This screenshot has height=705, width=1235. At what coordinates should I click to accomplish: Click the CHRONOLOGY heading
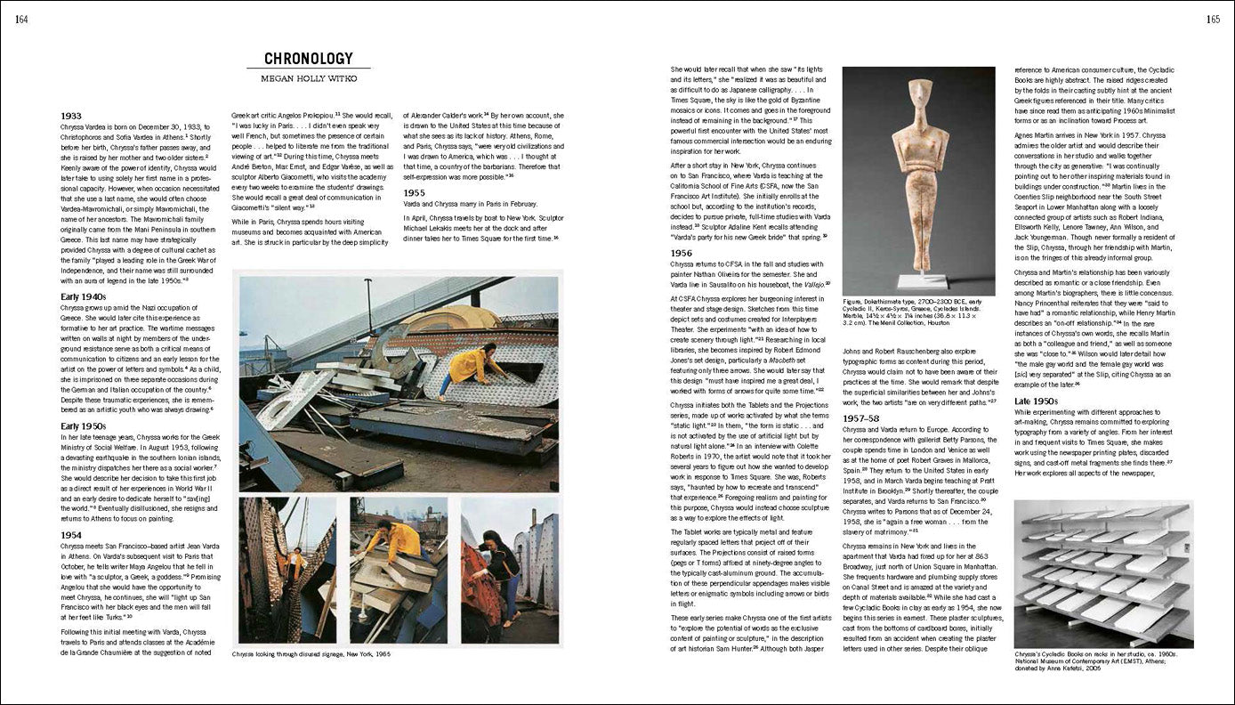pyautogui.click(x=309, y=60)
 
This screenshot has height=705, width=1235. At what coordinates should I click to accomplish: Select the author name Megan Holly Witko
pyautogui.click(x=309, y=81)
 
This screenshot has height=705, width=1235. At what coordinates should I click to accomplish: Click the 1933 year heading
pyautogui.click(x=72, y=116)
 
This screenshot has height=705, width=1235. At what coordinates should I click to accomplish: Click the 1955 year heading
pyautogui.click(x=416, y=192)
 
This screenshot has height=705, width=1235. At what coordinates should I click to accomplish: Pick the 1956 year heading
pyautogui.click(x=682, y=253)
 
